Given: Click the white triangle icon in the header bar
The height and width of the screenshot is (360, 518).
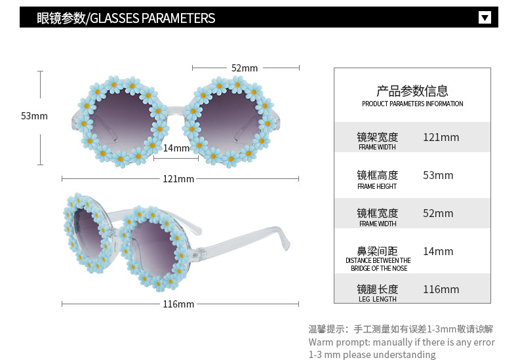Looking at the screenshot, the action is [485, 17].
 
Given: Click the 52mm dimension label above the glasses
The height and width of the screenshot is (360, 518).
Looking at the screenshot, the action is [245, 68].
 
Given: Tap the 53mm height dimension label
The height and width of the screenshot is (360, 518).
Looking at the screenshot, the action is [34, 116].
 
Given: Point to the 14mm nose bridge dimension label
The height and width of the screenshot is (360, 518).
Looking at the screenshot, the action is [176, 148].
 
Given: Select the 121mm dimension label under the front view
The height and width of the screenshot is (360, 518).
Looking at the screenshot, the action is [178, 179].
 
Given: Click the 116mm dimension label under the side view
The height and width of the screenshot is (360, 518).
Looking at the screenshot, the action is [178, 304].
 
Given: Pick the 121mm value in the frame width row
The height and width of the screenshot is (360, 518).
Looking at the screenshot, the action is [441, 138].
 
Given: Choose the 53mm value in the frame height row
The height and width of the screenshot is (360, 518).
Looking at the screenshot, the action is [438, 176].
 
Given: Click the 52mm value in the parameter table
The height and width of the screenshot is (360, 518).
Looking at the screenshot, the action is [438, 214].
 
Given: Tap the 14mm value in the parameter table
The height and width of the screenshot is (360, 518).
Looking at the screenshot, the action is [438, 252].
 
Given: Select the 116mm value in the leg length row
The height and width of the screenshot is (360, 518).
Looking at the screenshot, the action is [441, 290].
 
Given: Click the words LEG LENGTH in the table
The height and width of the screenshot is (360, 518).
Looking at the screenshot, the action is [378, 300].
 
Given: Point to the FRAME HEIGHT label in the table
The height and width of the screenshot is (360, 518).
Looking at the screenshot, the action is [378, 186].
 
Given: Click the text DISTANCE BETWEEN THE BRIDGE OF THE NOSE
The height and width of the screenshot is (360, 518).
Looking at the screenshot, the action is [378, 264].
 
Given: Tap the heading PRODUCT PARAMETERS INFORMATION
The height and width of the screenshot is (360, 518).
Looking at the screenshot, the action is [412, 104].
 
